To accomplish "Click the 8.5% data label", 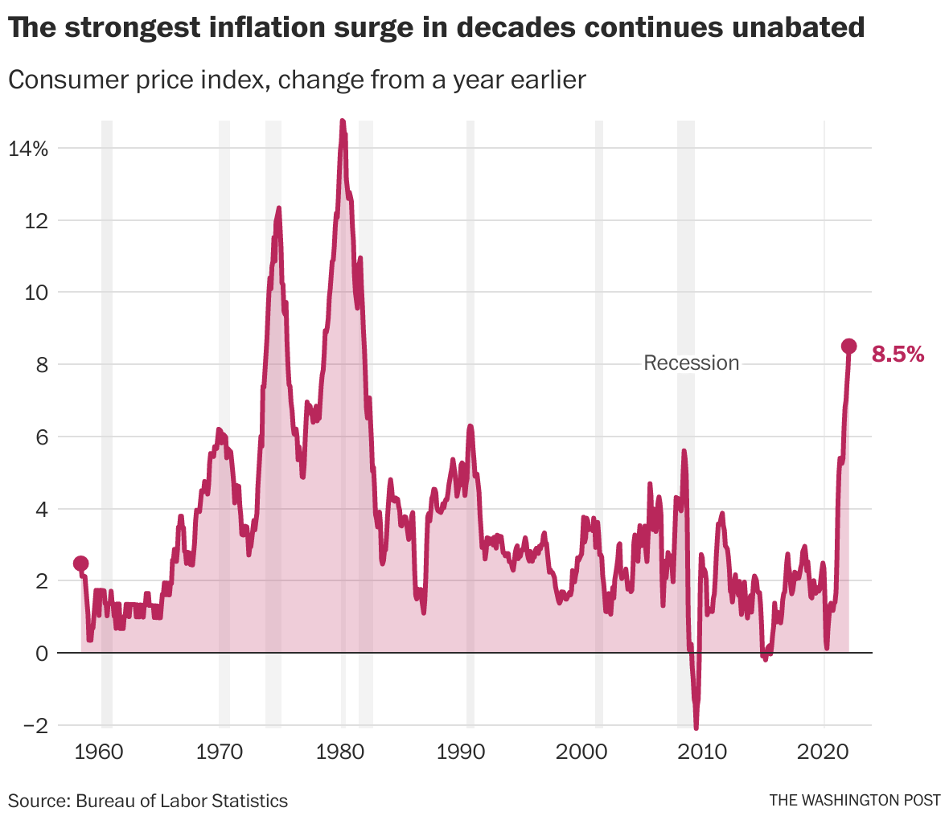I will tap(898, 354).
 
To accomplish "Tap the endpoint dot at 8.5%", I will tap(848, 346).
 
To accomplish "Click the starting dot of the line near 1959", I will tap(80, 564).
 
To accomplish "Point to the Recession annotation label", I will tap(691, 363).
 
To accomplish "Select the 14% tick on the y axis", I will tap(29, 149).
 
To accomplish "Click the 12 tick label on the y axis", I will tap(35, 220).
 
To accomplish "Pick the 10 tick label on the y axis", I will tap(35, 293).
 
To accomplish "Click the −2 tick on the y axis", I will tap(31, 725).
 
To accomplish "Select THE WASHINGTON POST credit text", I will tap(854, 800).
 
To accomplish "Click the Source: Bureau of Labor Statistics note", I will tap(148, 800).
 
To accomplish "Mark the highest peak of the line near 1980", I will tap(342, 121).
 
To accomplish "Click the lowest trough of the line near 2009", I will tap(696, 727).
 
